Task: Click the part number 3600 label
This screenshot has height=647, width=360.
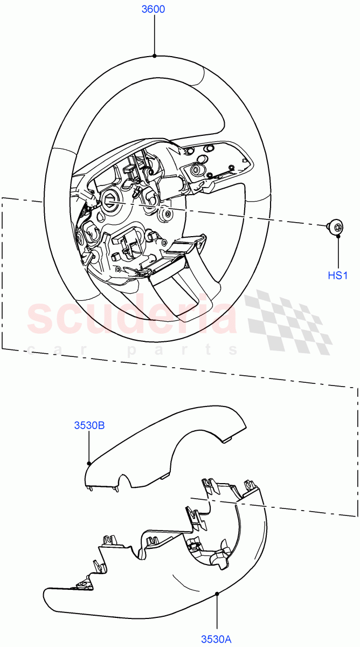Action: click(x=153, y=10)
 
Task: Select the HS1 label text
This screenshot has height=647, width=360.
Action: click(x=338, y=276)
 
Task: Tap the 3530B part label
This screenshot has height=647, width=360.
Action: click(x=89, y=425)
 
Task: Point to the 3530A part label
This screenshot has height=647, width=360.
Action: click(x=216, y=639)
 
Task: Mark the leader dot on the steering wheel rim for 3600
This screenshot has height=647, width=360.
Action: click(x=155, y=56)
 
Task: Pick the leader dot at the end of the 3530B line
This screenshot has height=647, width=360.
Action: click(x=89, y=463)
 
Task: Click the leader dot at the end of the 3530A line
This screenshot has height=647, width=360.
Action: click(x=217, y=594)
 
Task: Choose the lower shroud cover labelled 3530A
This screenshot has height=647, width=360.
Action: click(x=162, y=582)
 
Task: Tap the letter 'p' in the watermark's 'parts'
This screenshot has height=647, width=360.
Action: click(x=131, y=351)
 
